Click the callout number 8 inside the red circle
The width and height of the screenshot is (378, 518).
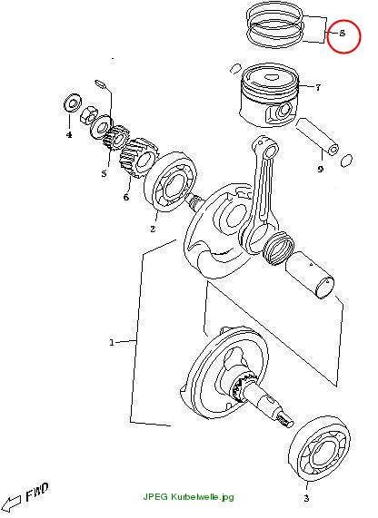coord(342,33)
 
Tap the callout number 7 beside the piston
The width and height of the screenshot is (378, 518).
coord(318,88)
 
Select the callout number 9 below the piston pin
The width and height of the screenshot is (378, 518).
coord(320,170)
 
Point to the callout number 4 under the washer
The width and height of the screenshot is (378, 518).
coord(69,134)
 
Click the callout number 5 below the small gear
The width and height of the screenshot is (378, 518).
coord(104,173)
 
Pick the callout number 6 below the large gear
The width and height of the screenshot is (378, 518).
coord(126,197)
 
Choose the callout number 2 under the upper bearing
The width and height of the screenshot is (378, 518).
coord(153,229)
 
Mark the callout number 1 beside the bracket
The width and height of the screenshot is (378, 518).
coord(112,343)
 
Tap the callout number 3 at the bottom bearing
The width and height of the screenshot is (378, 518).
coord(306,498)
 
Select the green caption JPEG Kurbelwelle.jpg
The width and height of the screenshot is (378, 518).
coord(188,497)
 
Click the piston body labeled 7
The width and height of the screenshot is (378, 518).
coord(269,95)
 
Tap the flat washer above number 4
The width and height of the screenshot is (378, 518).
coord(73,104)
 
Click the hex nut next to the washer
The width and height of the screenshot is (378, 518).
coord(88,115)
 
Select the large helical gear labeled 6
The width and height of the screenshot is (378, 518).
coord(139,158)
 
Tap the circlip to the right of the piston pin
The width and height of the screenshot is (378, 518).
coord(346,161)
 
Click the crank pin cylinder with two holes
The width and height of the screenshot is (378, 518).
coord(310,275)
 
